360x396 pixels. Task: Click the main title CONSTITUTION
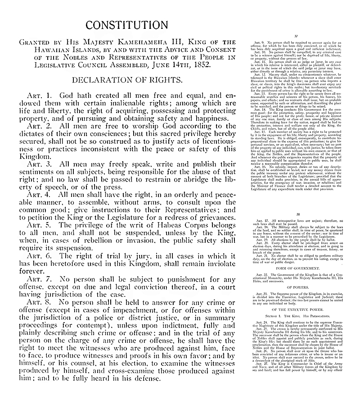(x=127, y=24)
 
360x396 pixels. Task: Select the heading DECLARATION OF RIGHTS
(x=127, y=80)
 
